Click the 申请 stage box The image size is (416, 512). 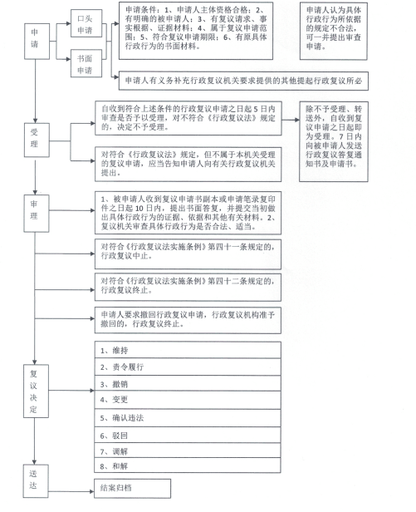coord(37,42)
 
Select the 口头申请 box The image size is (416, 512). coord(86,23)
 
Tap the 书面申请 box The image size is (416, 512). coord(86,63)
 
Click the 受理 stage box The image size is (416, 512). coord(37,140)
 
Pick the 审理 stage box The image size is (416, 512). coord(37,214)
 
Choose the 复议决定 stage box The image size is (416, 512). coord(36,391)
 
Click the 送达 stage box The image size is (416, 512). coord(36,481)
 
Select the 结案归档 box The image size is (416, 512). coord(133,489)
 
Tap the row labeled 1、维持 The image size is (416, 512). coord(188,350)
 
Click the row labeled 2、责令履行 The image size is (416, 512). coord(188,367)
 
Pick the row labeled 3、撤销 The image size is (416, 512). coord(188,383)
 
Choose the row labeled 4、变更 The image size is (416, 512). coord(188,401)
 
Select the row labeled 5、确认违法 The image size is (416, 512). coord(188,418)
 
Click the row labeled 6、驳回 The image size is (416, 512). coord(188,435)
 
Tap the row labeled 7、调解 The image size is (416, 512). coord(188,450)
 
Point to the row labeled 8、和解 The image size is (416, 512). coord(188,465)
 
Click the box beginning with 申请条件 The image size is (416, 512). coord(196,31)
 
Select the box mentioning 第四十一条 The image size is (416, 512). coord(188,254)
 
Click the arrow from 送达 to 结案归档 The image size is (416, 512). coord(71,491)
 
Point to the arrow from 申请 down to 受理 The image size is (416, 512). coord(35,91)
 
